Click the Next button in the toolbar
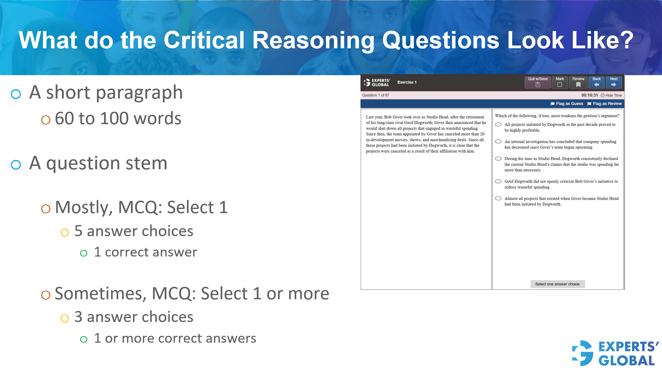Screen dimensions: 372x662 613,82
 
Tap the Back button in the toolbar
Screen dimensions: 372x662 596,82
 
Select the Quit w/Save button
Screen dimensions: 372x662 537,82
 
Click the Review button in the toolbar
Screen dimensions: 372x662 578,82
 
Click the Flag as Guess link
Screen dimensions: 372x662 567,103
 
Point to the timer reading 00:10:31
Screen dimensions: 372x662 589,95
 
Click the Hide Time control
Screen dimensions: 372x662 611,95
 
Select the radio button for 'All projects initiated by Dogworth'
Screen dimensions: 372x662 498,124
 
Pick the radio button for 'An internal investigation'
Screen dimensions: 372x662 498,141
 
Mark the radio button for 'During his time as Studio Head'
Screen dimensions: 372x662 498,159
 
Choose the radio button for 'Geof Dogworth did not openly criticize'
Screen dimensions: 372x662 498,181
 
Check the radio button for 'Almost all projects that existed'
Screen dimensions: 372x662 498,198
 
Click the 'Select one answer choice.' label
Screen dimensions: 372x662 557,284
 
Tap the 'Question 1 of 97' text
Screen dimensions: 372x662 375,95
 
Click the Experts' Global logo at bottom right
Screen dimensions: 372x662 615,353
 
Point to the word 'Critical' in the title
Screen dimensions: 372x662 204,40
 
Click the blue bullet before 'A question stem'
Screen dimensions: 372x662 16,165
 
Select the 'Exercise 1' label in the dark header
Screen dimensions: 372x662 407,82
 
